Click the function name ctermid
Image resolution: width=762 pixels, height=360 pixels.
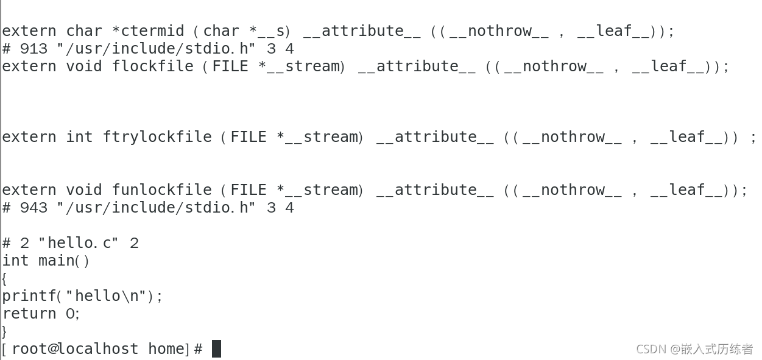(x=152, y=31)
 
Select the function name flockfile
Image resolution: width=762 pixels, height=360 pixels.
(x=152, y=66)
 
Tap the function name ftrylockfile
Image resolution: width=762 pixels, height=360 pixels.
(x=157, y=137)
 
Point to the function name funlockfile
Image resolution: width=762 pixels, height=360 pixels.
(x=161, y=190)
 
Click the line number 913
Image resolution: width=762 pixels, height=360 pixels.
(x=34, y=49)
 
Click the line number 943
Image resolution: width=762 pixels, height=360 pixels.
(x=34, y=208)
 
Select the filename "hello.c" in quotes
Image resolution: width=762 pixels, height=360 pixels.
(x=79, y=243)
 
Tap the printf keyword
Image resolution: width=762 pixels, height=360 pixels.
(x=29, y=296)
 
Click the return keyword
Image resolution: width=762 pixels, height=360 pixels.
(x=29, y=314)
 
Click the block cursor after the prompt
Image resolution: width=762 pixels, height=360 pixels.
(x=216, y=349)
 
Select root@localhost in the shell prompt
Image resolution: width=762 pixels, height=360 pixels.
(x=75, y=349)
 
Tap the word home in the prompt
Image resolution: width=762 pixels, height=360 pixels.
(x=166, y=349)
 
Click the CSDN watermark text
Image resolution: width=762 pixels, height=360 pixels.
(x=694, y=349)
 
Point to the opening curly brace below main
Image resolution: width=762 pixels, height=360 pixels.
(x=4, y=278)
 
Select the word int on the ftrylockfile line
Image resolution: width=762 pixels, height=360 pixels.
(x=79, y=137)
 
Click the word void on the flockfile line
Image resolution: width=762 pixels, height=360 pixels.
(x=84, y=66)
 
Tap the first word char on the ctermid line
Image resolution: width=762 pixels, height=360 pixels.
(x=84, y=31)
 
